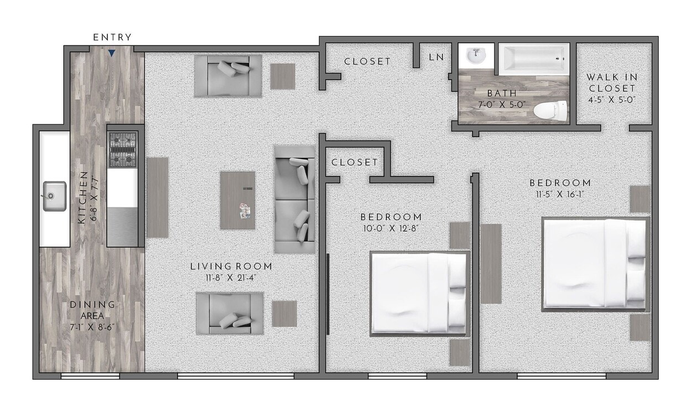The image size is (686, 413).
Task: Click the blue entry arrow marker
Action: tap(112, 54)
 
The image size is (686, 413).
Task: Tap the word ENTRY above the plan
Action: tap(112, 38)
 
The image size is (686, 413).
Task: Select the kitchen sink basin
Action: tap(54, 196)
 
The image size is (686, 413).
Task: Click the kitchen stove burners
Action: tap(123, 150)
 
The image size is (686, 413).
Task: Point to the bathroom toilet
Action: tap(551, 111)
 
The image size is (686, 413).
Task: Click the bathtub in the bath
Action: tap(534, 59)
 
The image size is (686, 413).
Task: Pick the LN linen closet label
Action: tap(436, 57)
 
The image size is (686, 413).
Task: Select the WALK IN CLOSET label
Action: tap(611, 83)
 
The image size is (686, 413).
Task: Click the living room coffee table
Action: tap(238, 200)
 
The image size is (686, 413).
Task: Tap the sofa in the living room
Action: tap(295, 199)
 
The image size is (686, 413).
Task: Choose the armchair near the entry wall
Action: tap(228, 75)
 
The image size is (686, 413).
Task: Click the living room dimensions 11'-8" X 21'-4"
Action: tap(231, 278)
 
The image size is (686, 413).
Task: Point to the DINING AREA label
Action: tap(92, 310)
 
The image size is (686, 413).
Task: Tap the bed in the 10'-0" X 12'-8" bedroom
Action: tap(419, 294)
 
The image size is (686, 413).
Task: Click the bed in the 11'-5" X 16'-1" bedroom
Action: tap(595, 263)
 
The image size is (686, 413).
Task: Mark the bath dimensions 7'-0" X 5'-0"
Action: tap(502, 104)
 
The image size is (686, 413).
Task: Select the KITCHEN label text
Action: tap(82, 197)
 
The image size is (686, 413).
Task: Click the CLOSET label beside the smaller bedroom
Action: tap(354, 162)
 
